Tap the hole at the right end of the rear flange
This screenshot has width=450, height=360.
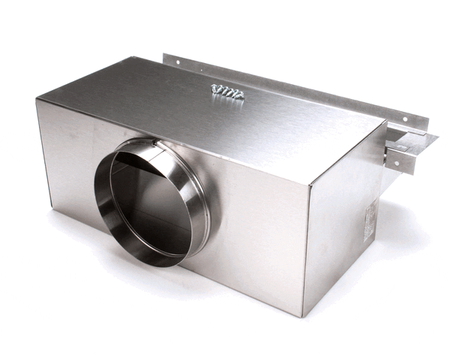[406, 118]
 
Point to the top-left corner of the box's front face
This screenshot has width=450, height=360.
[37, 100]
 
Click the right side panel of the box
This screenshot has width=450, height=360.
[345, 225]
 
